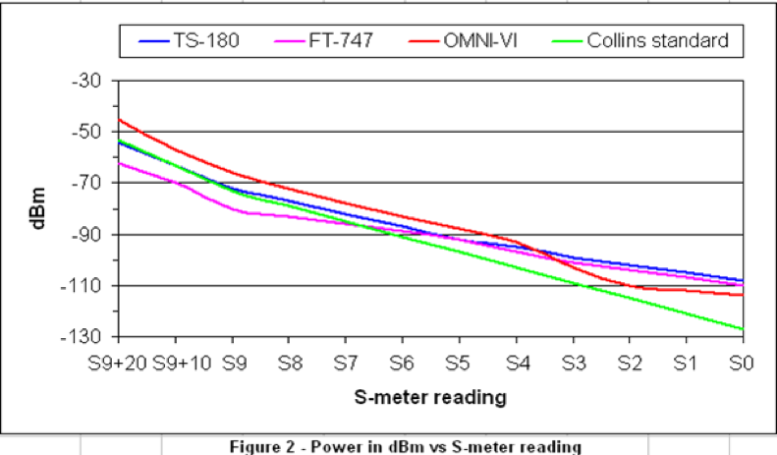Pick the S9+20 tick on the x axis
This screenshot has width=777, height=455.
pyautogui.click(x=118, y=364)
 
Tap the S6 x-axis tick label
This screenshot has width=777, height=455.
pyautogui.click(x=402, y=364)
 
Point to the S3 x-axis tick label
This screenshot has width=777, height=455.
pyautogui.click(x=572, y=364)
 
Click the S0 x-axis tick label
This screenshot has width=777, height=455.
pyautogui.click(x=742, y=364)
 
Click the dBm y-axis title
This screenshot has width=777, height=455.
pyautogui.click(x=36, y=208)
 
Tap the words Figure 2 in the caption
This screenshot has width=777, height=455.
pyautogui.click(x=258, y=447)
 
